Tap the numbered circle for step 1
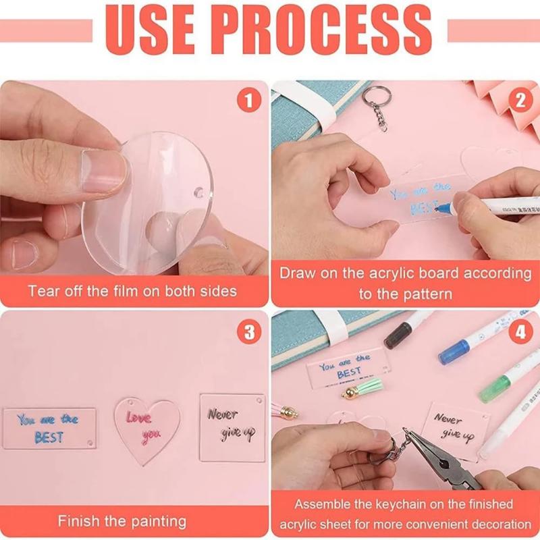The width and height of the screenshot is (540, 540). (x=248, y=101)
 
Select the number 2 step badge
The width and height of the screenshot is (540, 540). (x=520, y=101)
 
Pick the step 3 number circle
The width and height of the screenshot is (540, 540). (x=248, y=331)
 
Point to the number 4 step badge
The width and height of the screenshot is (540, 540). (x=520, y=331)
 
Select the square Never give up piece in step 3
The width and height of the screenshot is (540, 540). (x=232, y=427)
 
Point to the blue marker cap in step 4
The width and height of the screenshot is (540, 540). (x=454, y=351)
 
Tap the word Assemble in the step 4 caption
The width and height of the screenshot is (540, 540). (x=323, y=504)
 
